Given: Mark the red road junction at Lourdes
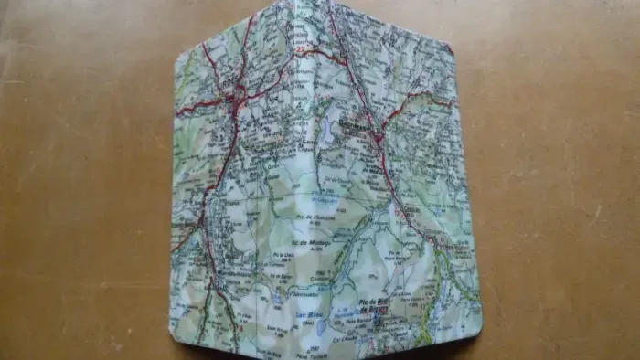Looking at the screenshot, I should coord(240,91).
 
